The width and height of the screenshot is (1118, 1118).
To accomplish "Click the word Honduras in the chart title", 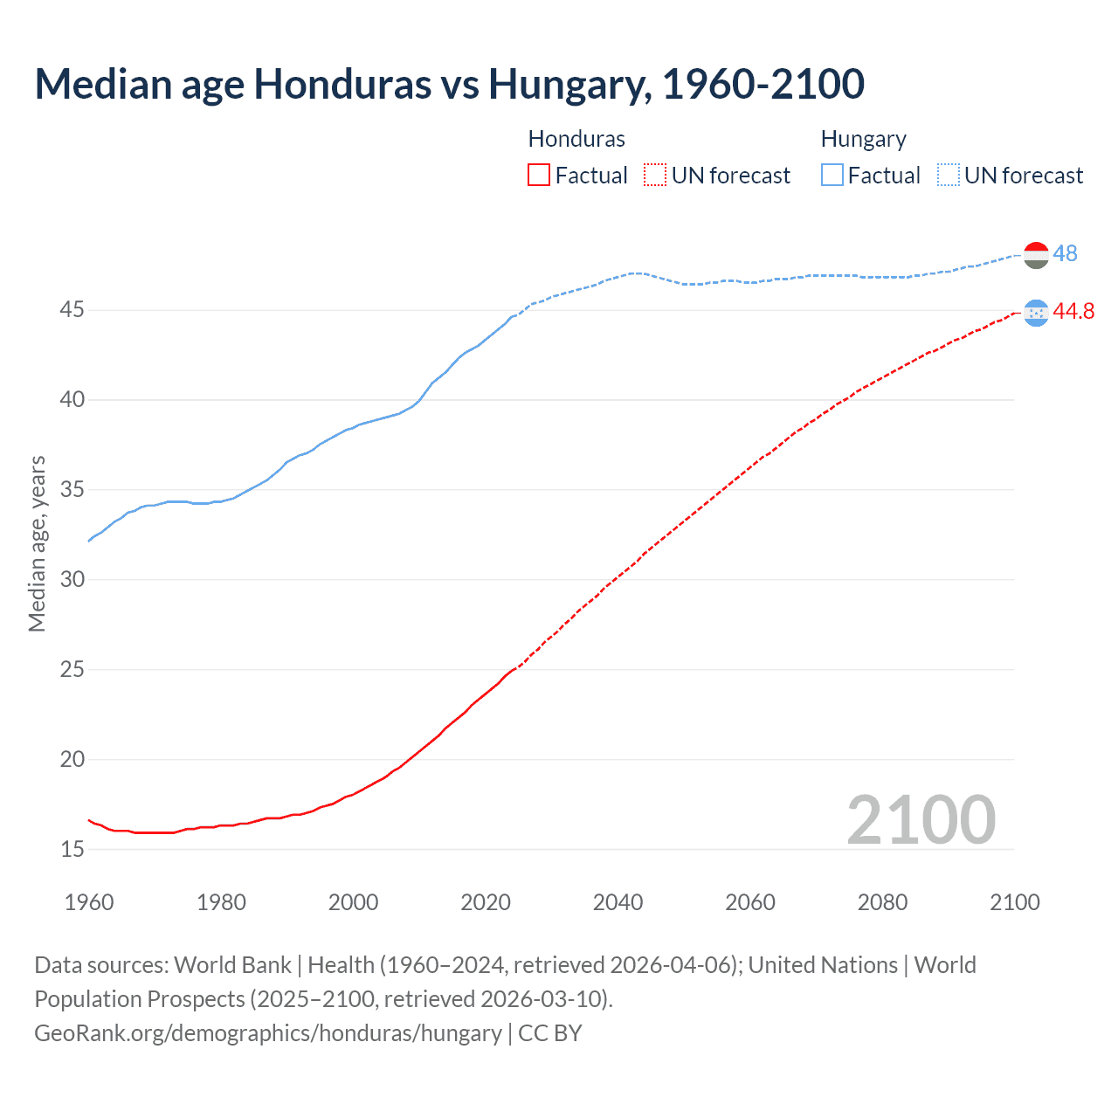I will [x=342, y=84].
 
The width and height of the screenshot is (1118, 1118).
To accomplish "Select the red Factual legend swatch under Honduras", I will [x=539, y=175].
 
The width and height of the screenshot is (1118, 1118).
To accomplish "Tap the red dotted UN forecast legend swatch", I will [x=655, y=175].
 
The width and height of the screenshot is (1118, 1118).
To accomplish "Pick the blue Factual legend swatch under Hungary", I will [x=832, y=175].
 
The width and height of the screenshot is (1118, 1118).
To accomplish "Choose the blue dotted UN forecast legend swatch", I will [x=949, y=175].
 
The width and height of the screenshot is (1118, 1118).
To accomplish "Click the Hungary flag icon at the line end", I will [x=1036, y=255].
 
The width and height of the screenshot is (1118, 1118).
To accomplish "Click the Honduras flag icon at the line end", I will [x=1036, y=313].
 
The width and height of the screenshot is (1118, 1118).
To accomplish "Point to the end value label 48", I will [x=1065, y=253].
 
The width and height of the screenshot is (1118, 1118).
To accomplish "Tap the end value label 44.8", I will [x=1073, y=312].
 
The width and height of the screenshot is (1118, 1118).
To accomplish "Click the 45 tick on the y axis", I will [x=72, y=310].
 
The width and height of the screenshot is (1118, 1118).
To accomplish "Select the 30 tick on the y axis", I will [x=72, y=579].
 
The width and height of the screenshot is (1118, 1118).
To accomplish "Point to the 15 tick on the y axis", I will [x=72, y=849].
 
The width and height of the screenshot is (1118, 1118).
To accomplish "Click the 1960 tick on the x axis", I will [x=89, y=902].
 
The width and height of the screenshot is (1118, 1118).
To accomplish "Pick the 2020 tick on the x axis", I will [x=486, y=902].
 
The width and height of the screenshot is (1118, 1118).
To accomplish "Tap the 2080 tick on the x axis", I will [x=882, y=902].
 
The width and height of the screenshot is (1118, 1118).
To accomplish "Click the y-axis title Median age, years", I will [x=37, y=543].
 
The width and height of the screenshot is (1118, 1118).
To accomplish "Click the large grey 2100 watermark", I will [x=921, y=820].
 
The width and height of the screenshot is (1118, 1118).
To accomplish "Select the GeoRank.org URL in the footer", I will [x=268, y=1033].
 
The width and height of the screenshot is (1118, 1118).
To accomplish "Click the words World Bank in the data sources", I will [x=232, y=965].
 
